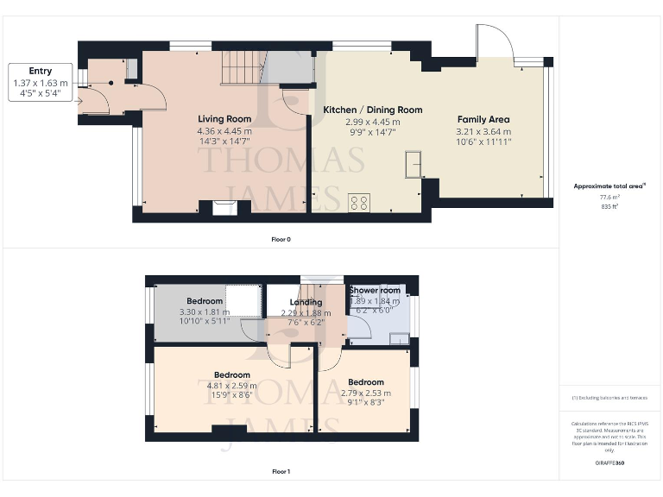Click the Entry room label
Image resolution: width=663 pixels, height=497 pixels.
(x=41, y=71)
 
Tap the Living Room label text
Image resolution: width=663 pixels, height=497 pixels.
(x=224, y=119)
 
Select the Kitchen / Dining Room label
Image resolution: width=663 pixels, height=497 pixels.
(x=373, y=110)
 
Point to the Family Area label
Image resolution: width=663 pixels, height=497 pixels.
(x=483, y=120)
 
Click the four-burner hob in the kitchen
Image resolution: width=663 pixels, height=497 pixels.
(x=359, y=203)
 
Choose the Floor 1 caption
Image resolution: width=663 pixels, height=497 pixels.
(x=281, y=472)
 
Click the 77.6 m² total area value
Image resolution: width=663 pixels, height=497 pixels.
(x=610, y=197)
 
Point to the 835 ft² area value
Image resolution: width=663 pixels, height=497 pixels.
(x=610, y=207)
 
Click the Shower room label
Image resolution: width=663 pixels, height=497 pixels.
(x=375, y=290)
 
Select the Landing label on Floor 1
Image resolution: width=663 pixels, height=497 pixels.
(x=306, y=302)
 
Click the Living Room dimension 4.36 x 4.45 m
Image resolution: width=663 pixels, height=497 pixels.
(x=224, y=131)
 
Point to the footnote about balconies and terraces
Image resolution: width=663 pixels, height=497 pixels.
(x=610, y=398)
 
